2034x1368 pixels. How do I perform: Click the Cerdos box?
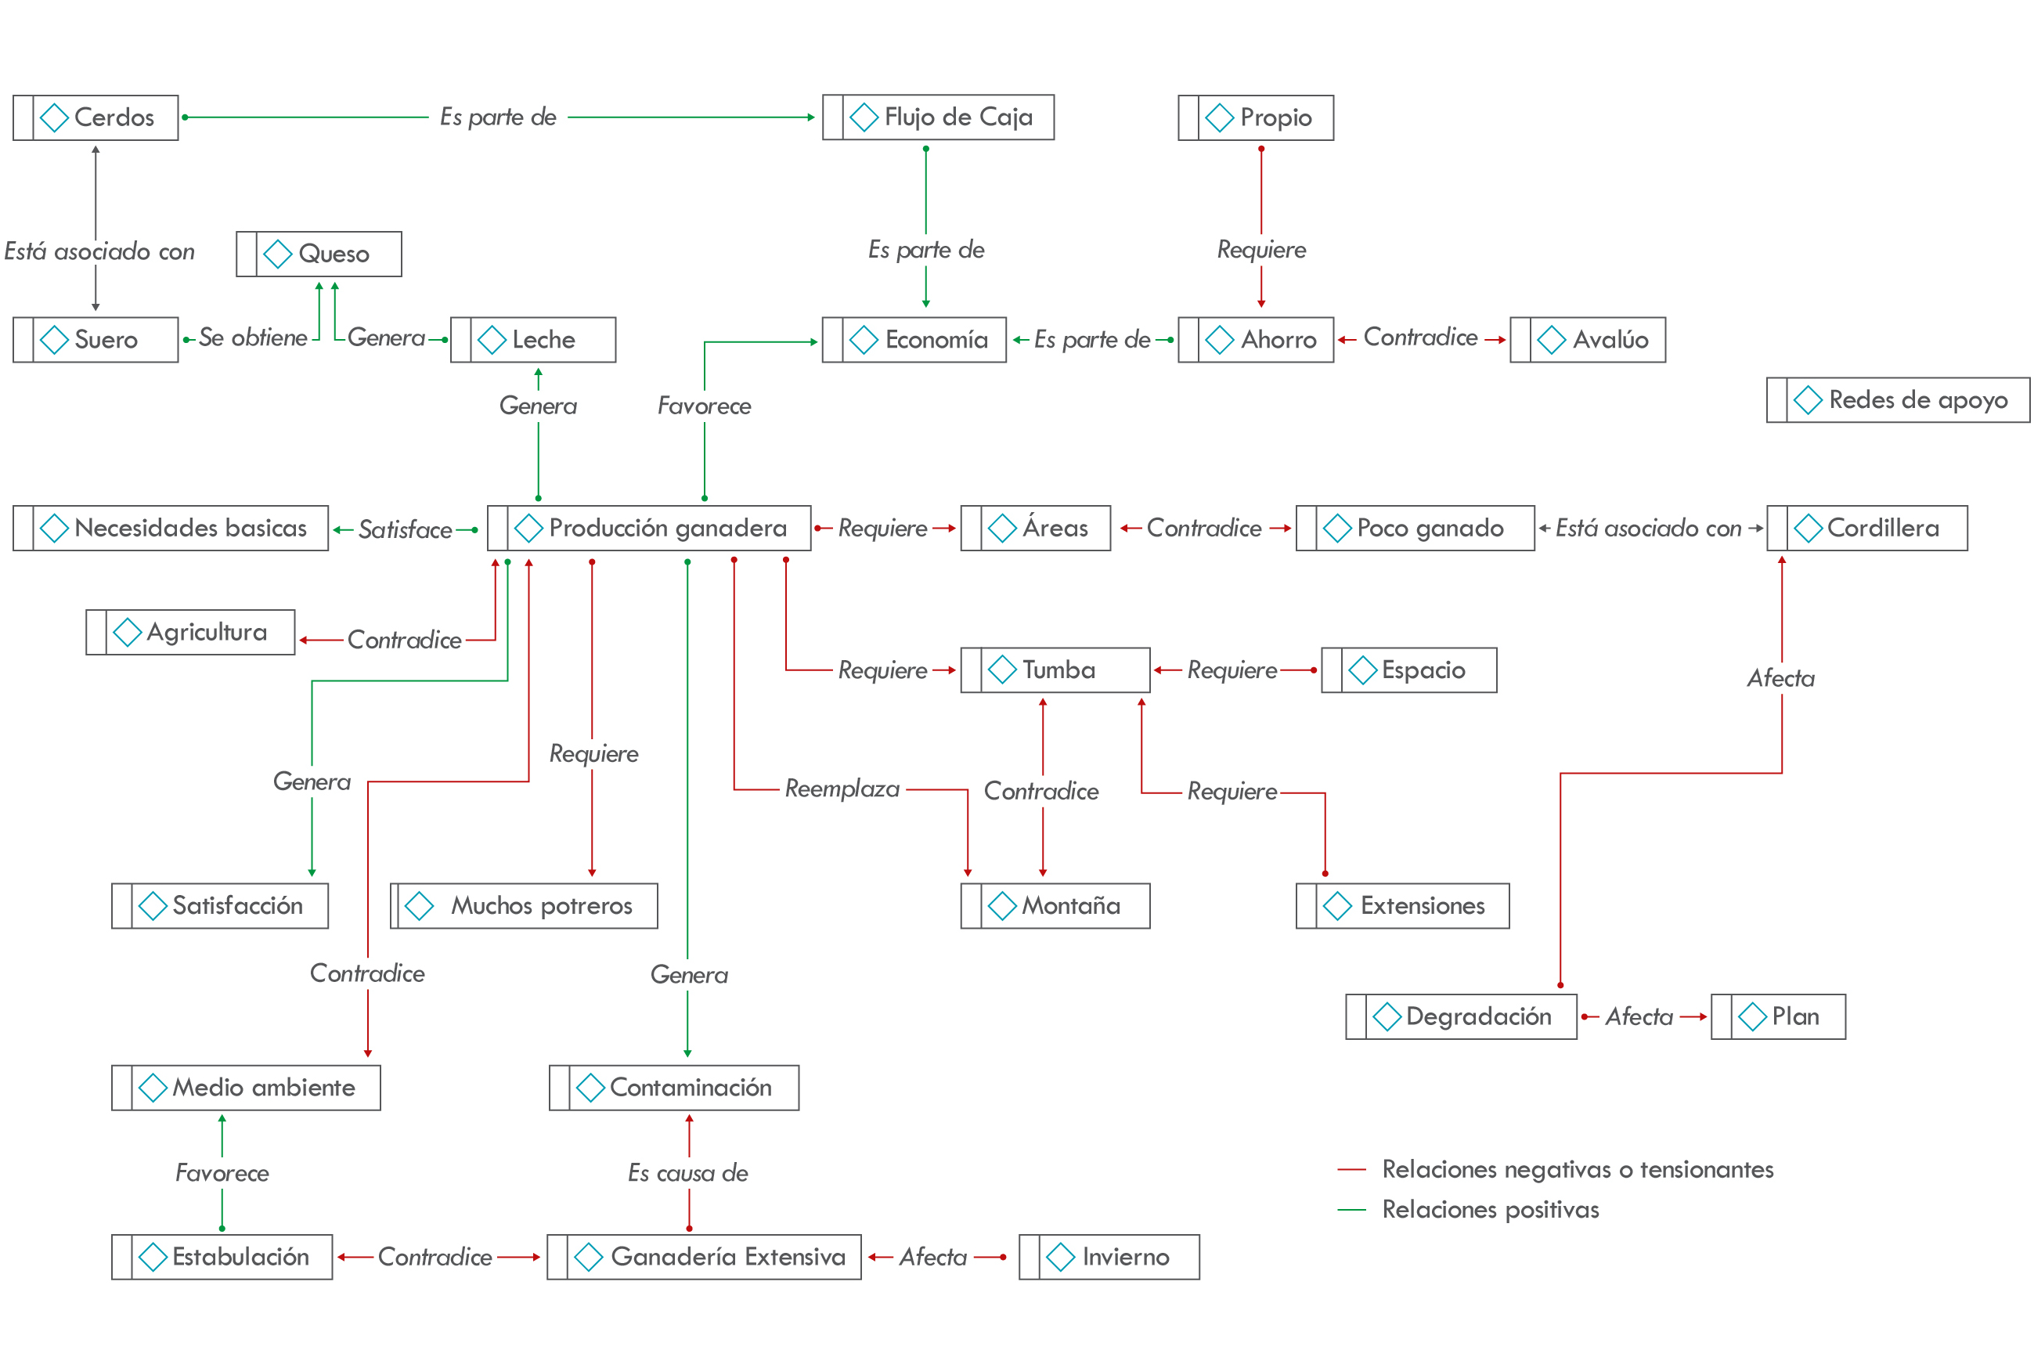click(x=96, y=117)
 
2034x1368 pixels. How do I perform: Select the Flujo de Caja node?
click(x=938, y=117)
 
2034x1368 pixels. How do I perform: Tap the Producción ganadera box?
click(x=649, y=528)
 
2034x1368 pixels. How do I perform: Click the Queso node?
click(x=319, y=254)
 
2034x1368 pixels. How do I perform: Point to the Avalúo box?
click(x=1588, y=339)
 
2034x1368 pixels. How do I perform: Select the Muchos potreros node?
click(x=525, y=905)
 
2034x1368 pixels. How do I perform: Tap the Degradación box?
click(x=1461, y=1016)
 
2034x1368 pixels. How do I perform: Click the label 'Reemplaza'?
click(x=842, y=789)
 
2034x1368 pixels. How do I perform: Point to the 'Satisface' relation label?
click(x=405, y=529)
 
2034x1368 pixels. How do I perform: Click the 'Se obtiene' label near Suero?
click(x=253, y=337)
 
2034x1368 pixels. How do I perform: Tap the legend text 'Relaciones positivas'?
click(x=1490, y=1209)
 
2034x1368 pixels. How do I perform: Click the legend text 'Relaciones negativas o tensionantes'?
click(x=1577, y=1169)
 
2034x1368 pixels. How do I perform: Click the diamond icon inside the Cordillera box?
click(x=1807, y=528)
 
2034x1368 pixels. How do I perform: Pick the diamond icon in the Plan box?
click(x=1752, y=1016)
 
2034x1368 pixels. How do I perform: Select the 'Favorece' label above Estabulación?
click(x=222, y=1172)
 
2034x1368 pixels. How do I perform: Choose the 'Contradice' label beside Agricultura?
click(x=404, y=640)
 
